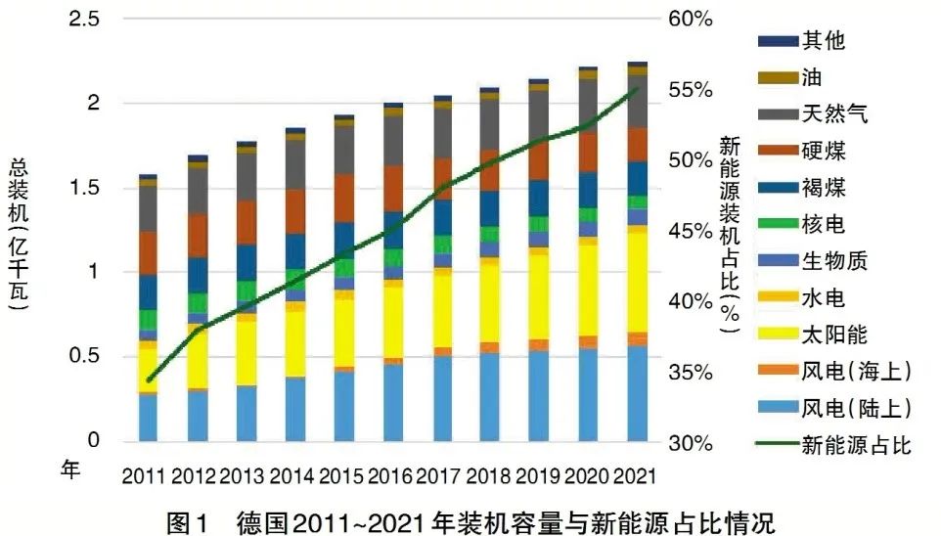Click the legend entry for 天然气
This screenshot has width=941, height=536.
pos(834,115)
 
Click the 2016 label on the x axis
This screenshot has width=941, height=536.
pos(392,476)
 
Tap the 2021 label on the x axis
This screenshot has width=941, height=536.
pos(637,476)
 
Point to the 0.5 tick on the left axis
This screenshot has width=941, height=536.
pos(85,356)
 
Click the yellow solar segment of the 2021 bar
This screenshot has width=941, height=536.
pos(637,284)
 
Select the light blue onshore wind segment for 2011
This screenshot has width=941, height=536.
pos(148,417)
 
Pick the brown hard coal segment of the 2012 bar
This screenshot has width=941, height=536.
pos(197,235)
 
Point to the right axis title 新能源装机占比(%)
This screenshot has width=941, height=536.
pos(729,235)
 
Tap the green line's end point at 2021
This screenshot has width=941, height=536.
pos(637,89)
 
